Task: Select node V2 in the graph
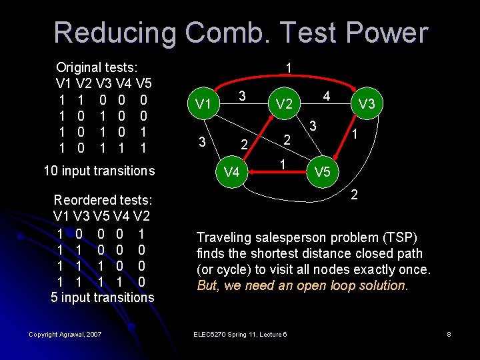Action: pos(284,104)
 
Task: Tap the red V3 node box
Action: pos(366,104)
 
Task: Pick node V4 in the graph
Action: pos(231,172)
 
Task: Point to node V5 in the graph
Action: pos(322,172)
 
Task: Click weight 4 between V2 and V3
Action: pos(327,96)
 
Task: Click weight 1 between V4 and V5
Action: pos(283,164)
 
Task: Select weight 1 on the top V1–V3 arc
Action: pos(287,68)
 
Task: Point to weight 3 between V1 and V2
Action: pos(243,96)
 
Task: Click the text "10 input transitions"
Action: pos(99,171)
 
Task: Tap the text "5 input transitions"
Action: pos(102,297)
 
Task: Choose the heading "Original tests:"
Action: pos(97,67)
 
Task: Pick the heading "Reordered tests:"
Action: pos(102,200)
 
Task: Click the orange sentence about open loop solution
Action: pos(302,285)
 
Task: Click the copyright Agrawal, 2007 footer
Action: pos(65,334)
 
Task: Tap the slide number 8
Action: pos(449,334)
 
